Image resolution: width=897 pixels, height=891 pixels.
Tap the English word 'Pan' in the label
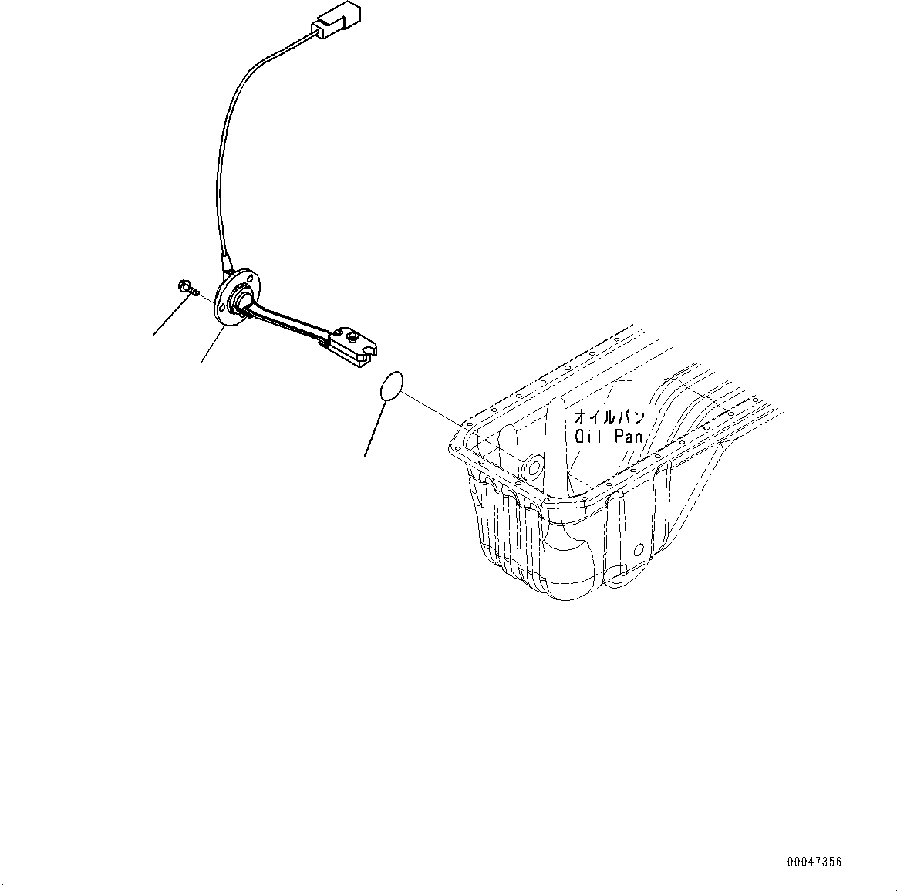click(628, 436)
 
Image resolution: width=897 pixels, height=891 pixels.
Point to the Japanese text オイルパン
click(609, 417)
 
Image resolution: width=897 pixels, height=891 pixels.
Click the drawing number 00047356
click(814, 862)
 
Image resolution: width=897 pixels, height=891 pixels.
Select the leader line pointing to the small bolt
click(170, 317)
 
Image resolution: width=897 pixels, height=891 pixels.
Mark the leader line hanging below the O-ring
click(376, 428)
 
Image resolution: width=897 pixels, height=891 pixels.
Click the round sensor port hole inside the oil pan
click(531, 467)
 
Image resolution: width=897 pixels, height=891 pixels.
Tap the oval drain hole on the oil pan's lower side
click(638, 551)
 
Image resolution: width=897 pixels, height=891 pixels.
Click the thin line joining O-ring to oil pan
click(432, 409)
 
